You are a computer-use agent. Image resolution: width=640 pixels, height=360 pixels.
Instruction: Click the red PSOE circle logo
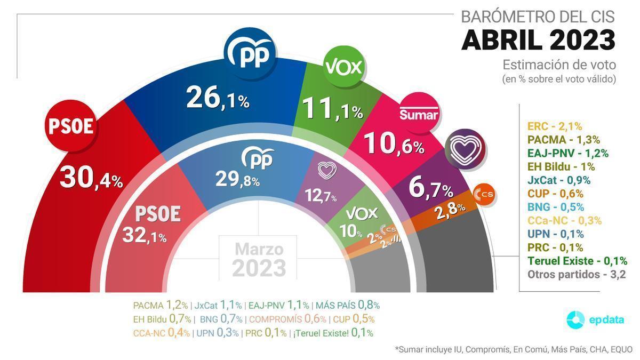pos(71,126)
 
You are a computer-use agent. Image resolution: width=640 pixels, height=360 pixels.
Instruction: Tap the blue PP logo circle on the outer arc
pos(250,54)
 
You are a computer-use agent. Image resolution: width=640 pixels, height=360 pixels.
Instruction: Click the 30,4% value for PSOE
pos(91,178)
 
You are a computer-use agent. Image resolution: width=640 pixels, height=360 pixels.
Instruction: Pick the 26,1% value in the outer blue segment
pos(218,99)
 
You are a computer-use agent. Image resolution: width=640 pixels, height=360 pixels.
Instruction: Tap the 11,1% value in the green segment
pos(332,109)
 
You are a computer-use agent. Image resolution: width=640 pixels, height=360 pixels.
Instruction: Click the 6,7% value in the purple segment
pos(430,188)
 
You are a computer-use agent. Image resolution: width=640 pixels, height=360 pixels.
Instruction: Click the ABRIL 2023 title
pos(538,40)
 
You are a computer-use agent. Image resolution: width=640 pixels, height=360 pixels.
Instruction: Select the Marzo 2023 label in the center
pos(259,258)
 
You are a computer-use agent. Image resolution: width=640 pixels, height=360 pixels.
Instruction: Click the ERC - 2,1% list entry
pos(555,126)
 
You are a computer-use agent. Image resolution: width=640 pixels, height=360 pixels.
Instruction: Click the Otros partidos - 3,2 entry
pos(576,275)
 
